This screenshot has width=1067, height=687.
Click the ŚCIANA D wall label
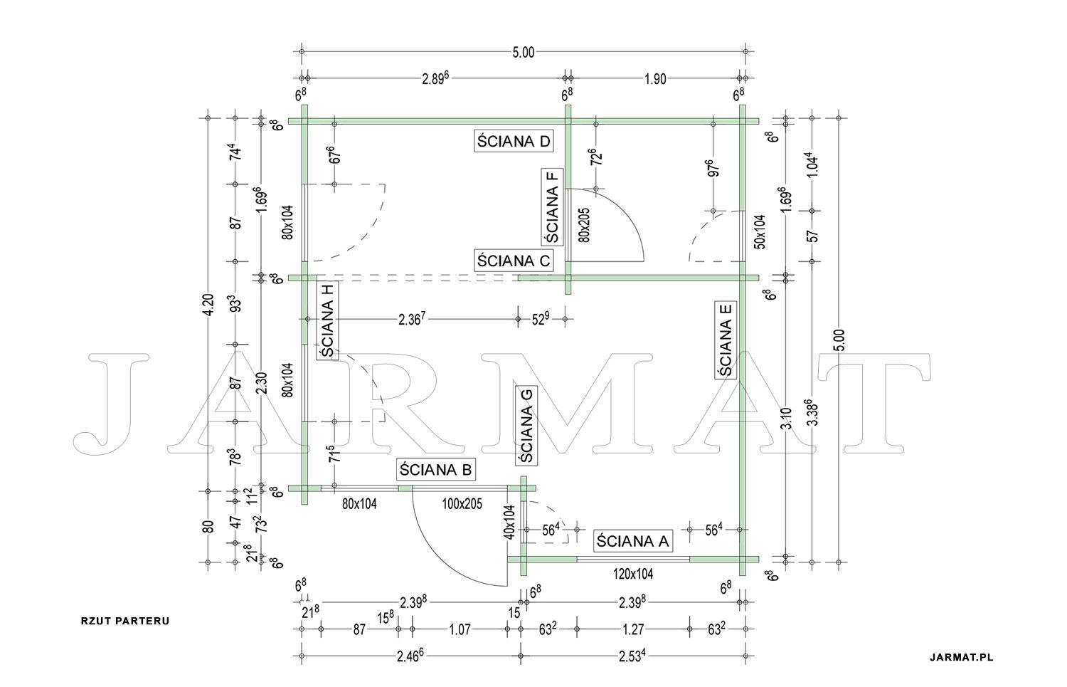point(514,141)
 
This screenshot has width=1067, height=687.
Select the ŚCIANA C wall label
point(514,261)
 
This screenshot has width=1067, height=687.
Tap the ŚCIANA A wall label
point(632,541)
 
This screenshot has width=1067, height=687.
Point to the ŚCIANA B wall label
point(435,470)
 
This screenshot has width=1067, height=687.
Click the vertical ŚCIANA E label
point(726,340)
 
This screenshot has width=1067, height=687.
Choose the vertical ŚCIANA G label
point(526,425)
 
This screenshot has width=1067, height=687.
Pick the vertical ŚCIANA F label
point(552,206)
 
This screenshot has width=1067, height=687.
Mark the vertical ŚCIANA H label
point(327,320)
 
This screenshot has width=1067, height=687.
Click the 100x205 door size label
point(462,504)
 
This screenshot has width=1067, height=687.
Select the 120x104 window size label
point(632,574)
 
